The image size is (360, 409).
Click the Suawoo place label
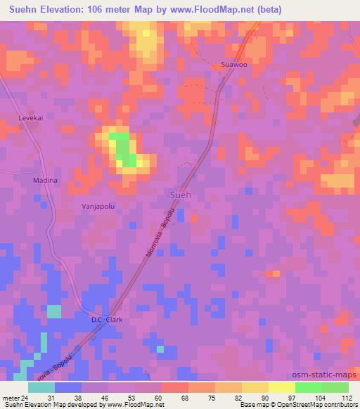[x=234, y=65]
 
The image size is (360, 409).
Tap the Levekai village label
[x=31, y=119]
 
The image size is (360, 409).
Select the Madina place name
[x=44, y=181]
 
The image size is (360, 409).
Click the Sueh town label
[x=181, y=195]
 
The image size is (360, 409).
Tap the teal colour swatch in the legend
[x=41, y=387]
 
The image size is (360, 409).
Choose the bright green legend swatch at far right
[x=335, y=387]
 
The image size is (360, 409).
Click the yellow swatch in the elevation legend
[x=282, y=387]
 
